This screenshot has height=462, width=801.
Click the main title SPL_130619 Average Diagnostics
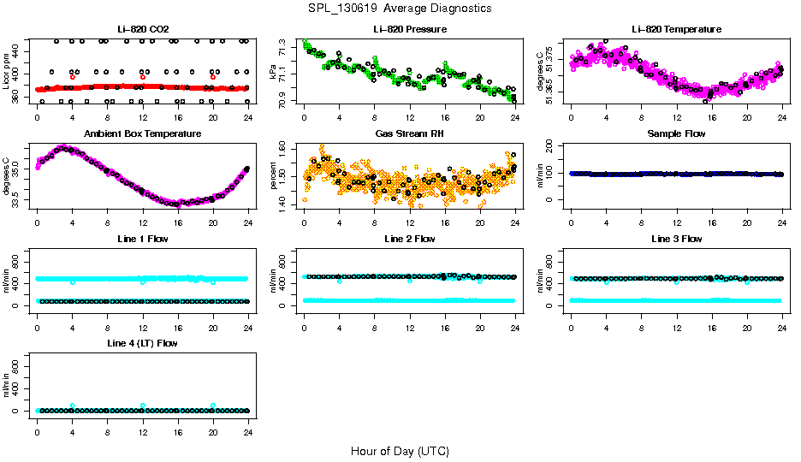(x=400, y=8)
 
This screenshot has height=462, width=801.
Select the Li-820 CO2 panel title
(x=142, y=30)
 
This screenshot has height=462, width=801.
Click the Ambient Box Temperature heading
(x=142, y=134)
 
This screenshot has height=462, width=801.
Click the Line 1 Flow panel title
(x=142, y=239)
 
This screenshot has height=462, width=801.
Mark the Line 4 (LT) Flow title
(x=142, y=343)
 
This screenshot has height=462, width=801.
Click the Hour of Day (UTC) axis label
(x=400, y=451)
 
